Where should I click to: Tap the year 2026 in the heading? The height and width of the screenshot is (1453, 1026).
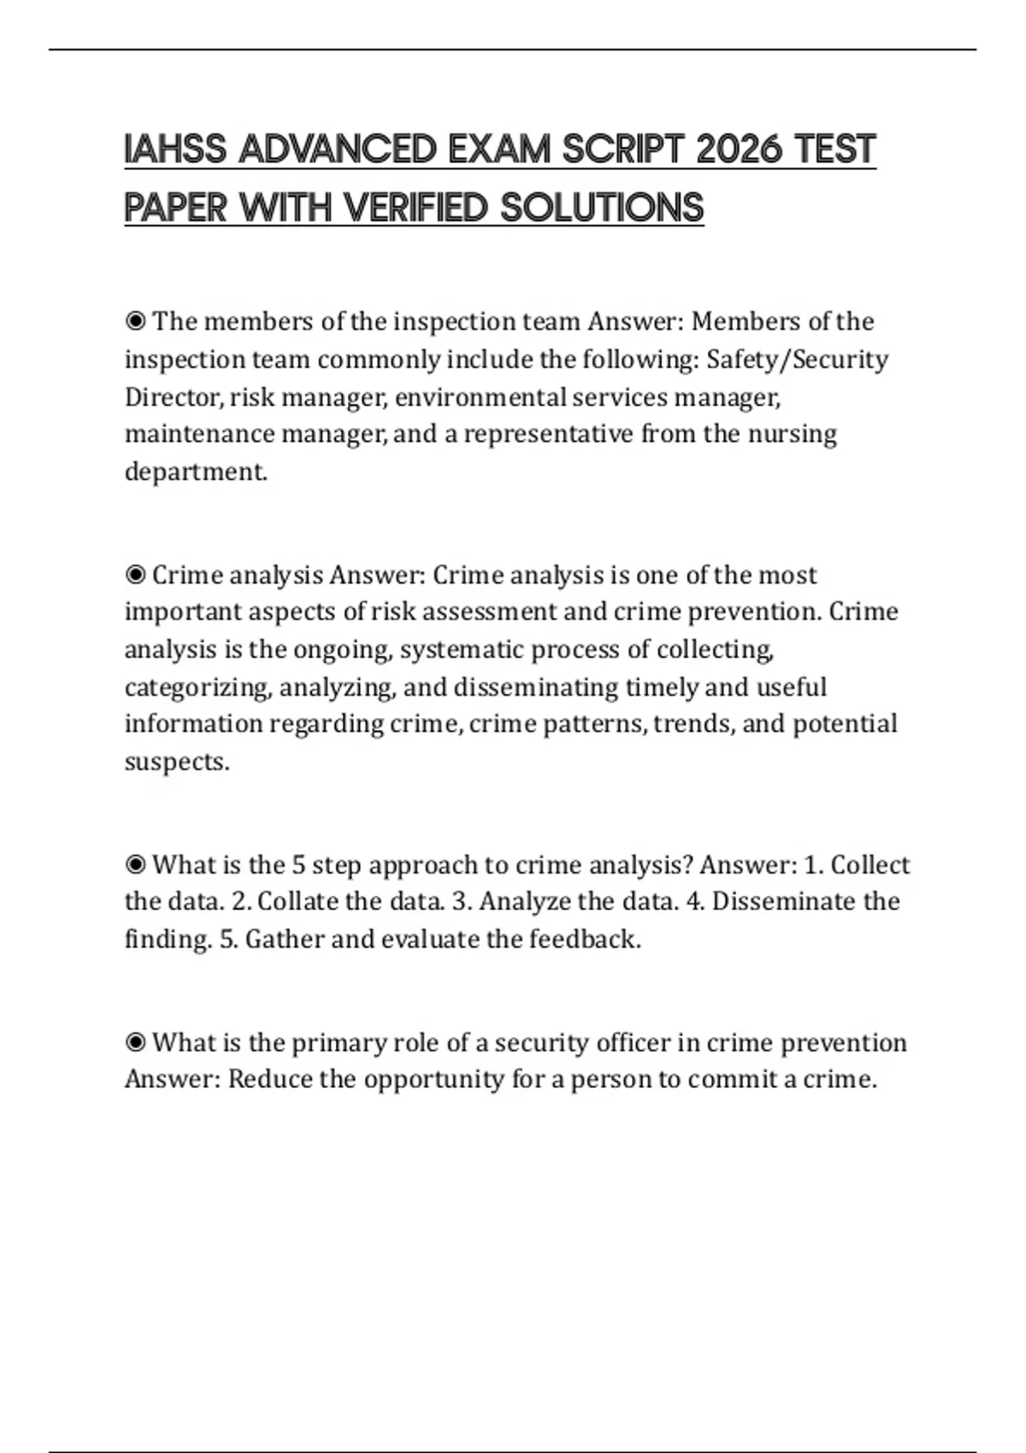click(740, 150)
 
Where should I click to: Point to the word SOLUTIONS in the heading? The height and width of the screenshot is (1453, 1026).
click(602, 208)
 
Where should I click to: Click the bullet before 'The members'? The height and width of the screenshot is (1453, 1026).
click(135, 321)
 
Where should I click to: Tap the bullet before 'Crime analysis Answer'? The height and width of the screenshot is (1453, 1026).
click(135, 575)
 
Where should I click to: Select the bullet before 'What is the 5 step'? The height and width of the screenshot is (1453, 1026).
click(135, 865)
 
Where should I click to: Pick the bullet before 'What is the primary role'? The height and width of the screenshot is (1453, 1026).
click(135, 1043)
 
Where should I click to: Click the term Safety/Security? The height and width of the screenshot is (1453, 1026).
click(797, 359)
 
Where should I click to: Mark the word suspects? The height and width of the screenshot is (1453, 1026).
click(176, 762)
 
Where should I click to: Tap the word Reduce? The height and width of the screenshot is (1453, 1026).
click(270, 1079)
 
